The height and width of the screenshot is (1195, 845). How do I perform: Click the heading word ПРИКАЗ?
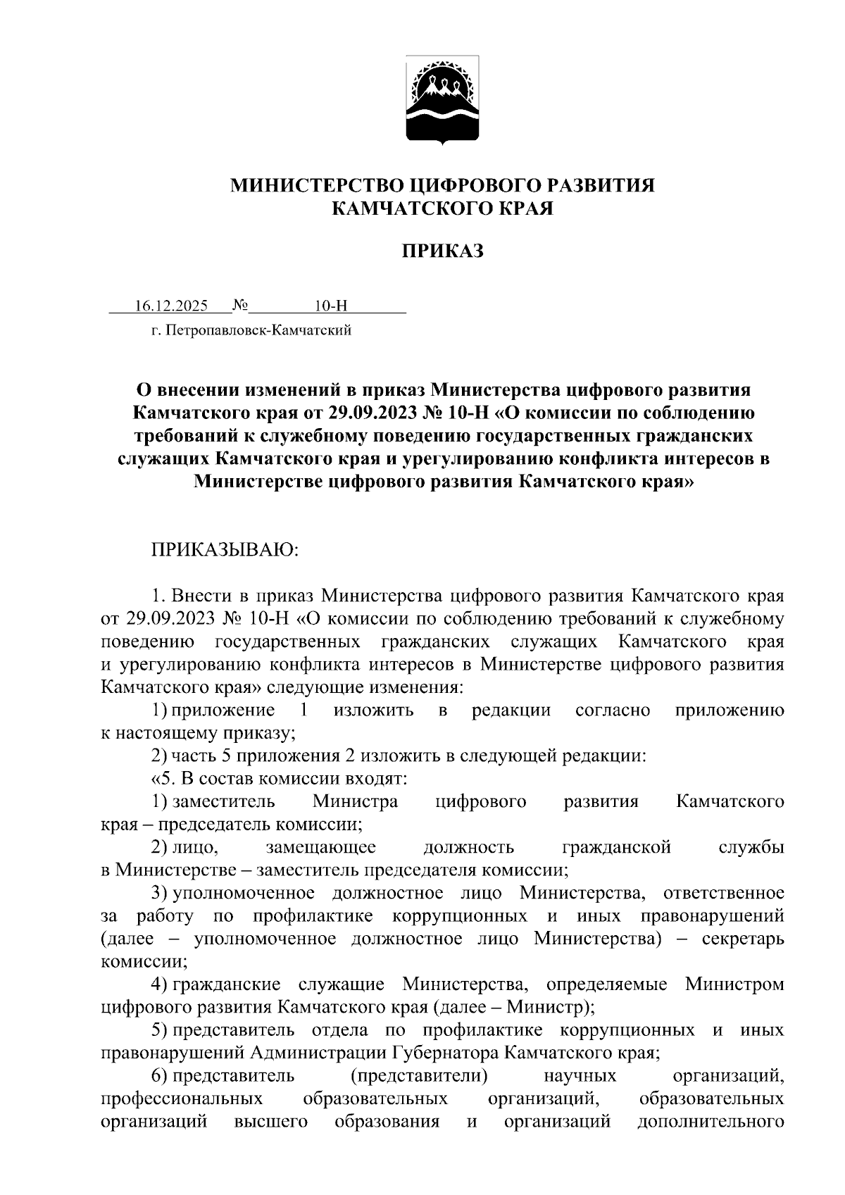pyautogui.click(x=443, y=251)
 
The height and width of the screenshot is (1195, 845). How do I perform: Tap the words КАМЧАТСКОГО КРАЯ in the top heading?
pyautogui.click(x=443, y=208)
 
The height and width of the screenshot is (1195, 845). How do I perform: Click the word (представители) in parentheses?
pyautogui.click(x=419, y=1076)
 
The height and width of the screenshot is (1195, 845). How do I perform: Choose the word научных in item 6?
pyautogui.click(x=581, y=1076)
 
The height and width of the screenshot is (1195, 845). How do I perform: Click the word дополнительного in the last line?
pyautogui.click(x=711, y=1122)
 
